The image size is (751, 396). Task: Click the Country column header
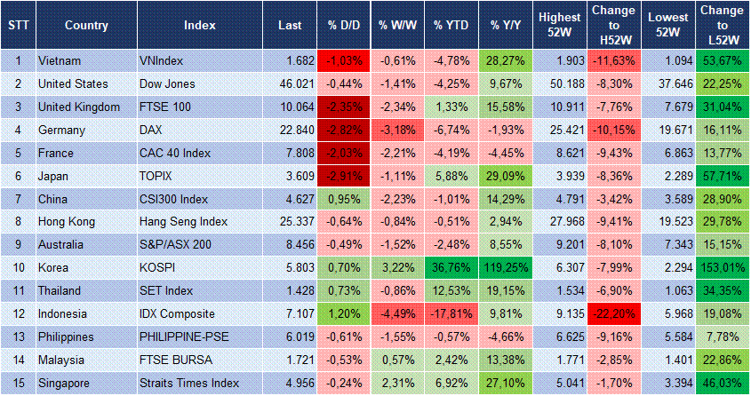(x=86, y=25)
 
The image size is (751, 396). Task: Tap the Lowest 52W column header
(x=667, y=25)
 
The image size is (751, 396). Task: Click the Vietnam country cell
(x=60, y=60)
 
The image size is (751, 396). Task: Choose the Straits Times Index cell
(x=188, y=383)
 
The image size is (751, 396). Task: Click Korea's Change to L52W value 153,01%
(x=722, y=267)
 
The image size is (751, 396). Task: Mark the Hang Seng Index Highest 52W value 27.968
(x=560, y=221)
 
